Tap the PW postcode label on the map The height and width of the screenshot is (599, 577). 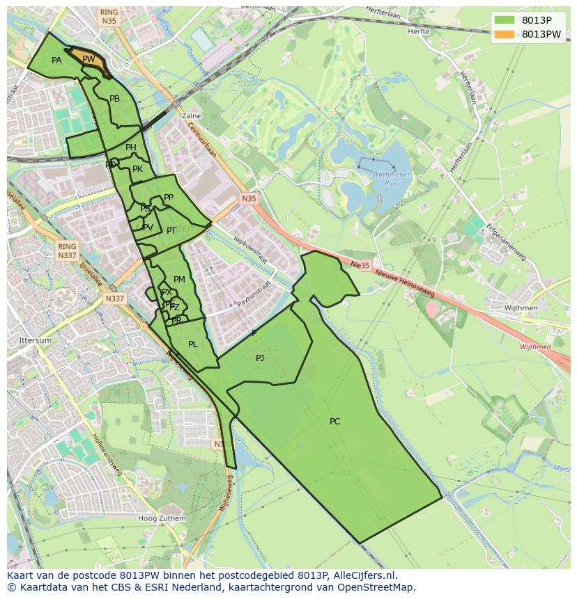tap(89, 60)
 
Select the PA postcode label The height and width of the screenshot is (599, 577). tap(56, 61)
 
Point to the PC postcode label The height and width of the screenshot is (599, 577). tap(334, 422)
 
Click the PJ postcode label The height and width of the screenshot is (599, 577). tap(260, 358)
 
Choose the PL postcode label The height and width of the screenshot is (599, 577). tap(193, 344)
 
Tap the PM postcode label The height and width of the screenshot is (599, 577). tap(179, 280)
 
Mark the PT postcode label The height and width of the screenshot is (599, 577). tap(171, 231)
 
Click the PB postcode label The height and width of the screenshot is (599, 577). tap(115, 99)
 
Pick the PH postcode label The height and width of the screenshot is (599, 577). tap(131, 147)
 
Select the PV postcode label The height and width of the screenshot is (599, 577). tap(148, 227)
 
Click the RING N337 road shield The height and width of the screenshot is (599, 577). tap(67, 251)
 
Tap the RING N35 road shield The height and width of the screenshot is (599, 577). tap(109, 17)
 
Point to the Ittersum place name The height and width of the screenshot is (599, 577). tap(35, 340)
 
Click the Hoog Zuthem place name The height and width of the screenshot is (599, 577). tap(162, 518)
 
